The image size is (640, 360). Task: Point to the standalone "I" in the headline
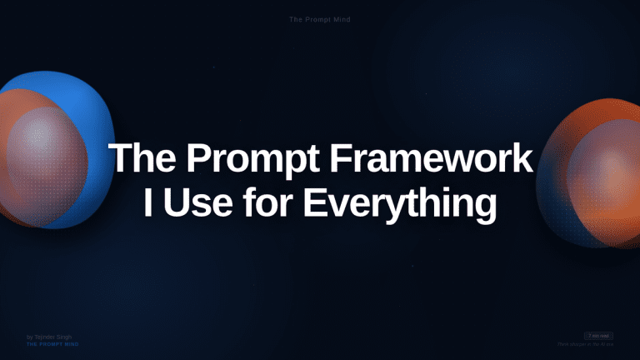pyautogui.click(x=147, y=202)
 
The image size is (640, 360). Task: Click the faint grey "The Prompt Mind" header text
pyautogui.click(x=319, y=18)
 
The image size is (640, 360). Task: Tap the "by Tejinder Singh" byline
pyautogui.click(x=48, y=337)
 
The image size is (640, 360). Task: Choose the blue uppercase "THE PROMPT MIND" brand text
pyautogui.click(x=52, y=343)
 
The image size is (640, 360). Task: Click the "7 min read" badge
pyautogui.click(x=599, y=336)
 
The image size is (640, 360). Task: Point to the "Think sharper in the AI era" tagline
pyautogui.click(x=586, y=343)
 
